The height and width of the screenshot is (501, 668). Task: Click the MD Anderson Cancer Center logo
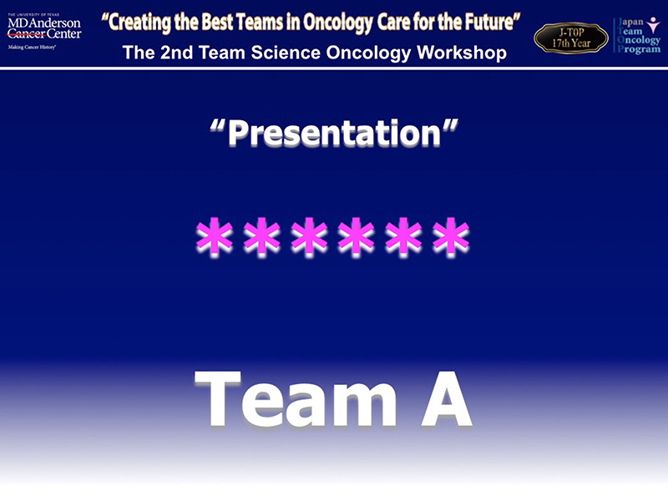(44, 31)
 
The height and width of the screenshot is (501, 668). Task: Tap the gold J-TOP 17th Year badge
(571, 38)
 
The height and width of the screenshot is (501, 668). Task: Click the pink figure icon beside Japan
(653, 25)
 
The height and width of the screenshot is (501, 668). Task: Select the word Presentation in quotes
(334, 133)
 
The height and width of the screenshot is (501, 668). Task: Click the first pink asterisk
(215, 237)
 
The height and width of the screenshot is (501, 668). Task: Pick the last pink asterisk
(451, 237)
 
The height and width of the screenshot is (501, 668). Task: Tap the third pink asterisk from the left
(309, 237)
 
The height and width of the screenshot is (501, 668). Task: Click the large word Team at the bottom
(296, 399)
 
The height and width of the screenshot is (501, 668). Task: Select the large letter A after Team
(447, 398)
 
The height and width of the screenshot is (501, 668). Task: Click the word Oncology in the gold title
(338, 23)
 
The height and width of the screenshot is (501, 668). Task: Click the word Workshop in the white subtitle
(462, 53)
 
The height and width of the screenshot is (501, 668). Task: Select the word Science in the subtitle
(286, 53)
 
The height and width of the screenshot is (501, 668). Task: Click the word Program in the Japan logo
(639, 49)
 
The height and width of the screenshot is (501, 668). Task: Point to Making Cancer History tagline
(32, 48)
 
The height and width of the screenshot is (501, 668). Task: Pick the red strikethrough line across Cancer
(26, 34)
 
